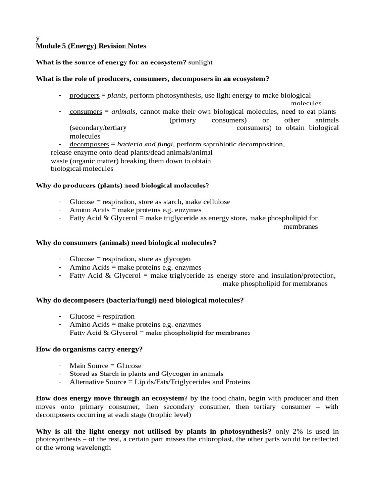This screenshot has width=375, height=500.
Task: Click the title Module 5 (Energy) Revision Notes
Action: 91,46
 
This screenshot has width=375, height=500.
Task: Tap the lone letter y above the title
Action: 38,38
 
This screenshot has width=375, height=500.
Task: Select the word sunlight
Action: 201,62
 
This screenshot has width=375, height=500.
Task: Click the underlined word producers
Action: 84,95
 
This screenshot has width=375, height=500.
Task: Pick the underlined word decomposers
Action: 89,145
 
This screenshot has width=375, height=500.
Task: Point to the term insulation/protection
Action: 302,276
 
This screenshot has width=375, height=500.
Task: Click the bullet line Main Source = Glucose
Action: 105,366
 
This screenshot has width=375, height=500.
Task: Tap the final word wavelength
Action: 95,448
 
